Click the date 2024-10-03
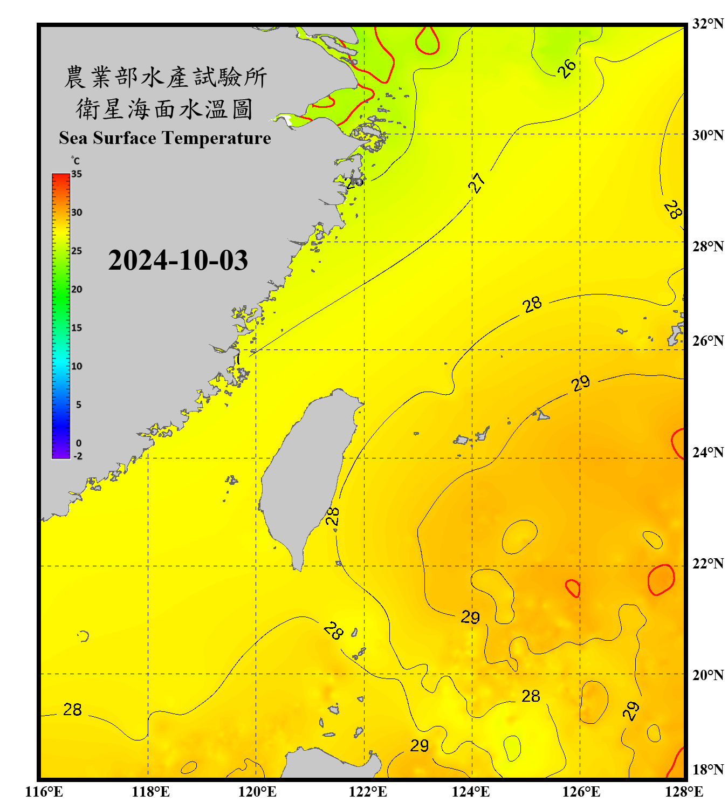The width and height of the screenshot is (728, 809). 178,260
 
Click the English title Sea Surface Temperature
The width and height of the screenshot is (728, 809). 164,138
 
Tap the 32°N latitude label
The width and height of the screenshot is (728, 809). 708,24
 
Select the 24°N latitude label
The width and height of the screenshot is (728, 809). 708,452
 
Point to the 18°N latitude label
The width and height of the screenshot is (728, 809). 708,769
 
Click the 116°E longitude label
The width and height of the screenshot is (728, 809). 44,792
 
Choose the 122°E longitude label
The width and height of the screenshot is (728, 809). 368,792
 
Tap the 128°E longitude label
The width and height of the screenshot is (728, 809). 684,792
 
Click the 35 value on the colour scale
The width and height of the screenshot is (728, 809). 77,174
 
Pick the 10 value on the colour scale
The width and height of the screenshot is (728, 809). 77,366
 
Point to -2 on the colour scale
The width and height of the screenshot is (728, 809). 78,456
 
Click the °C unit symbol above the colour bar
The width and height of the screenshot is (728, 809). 75,161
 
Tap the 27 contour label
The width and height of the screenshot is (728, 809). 477,183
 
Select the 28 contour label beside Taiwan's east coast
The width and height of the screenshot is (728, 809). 333,516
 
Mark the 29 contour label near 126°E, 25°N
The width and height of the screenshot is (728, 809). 581,383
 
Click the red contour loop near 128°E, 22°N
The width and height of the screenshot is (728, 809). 661,580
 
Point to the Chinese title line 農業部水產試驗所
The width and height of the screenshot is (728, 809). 166,77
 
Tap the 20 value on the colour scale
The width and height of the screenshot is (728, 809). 77,289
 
